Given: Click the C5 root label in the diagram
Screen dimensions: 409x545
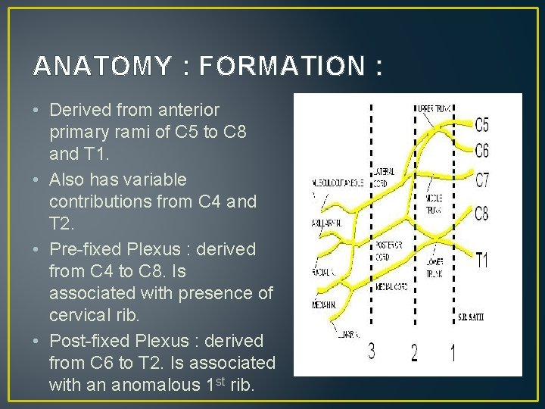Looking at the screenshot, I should [482, 124].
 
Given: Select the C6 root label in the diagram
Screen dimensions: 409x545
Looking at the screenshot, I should [482, 149].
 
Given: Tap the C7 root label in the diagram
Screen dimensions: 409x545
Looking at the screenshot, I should [482, 180].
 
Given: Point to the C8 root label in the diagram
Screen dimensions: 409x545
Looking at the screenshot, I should [481, 214].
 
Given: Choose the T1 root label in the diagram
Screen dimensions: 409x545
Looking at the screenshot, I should [482, 261].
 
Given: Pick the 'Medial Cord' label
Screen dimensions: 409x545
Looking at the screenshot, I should [392, 287].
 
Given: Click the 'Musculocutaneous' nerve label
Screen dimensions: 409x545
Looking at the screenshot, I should [327, 183].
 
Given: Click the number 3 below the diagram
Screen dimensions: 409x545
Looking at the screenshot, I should [372, 351].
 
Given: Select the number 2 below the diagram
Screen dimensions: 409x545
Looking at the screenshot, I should [414, 353].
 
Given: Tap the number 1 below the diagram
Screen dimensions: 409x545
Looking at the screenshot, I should [453, 352].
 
